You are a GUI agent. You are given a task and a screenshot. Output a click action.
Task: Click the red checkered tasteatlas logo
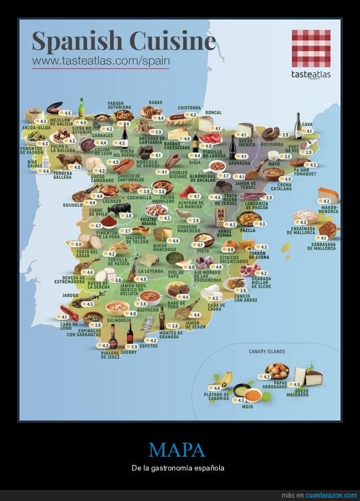(x=311, y=48)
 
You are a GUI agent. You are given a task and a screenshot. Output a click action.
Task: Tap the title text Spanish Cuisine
(x=123, y=41)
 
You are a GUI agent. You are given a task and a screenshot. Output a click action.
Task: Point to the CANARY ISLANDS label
(x=266, y=351)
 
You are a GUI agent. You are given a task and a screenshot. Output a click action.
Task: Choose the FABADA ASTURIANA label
(x=119, y=105)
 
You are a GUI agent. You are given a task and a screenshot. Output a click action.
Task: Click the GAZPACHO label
(x=148, y=310)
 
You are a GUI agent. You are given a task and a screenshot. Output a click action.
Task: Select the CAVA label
(x=307, y=125)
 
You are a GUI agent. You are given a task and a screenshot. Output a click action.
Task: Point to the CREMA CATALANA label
(x=281, y=187)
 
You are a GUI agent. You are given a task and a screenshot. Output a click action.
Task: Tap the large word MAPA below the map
(x=177, y=449)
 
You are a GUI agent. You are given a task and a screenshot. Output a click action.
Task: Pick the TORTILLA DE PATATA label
(x=117, y=260)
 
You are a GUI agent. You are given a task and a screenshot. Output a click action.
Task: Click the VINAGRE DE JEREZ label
(x=110, y=355)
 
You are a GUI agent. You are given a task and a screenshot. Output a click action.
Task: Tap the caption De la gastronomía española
(x=178, y=468)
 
